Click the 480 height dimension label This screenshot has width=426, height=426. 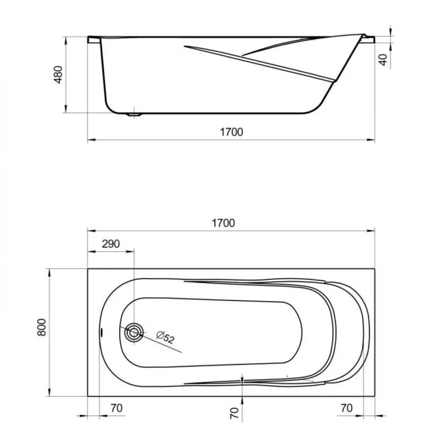pos(58,75)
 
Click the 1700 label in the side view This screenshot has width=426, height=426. pos(231,132)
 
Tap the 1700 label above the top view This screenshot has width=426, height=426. pos(223,223)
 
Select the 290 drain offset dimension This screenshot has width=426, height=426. pos(111,244)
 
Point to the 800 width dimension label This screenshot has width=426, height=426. pos(42,327)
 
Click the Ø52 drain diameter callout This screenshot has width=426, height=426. pos(165,337)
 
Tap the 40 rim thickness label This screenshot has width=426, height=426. pos(383,60)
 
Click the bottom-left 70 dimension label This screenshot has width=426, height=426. pos(117,408)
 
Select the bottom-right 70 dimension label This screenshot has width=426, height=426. pos(346,408)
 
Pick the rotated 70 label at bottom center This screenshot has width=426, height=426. pos(234,413)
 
